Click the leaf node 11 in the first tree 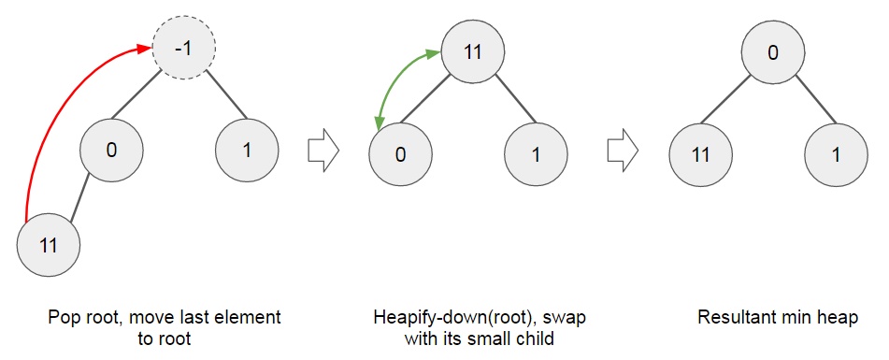click(49, 246)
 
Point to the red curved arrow click(56, 103)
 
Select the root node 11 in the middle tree click(473, 51)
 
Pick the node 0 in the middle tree click(400, 154)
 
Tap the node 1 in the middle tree click(536, 154)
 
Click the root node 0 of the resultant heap click(772, 52)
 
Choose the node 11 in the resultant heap click(701, 154)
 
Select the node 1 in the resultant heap click(835, 154)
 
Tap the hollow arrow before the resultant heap click(622, 151)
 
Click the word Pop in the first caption click(63, 317)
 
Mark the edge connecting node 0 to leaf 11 click(79, 199)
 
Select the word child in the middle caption click(537, 338)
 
